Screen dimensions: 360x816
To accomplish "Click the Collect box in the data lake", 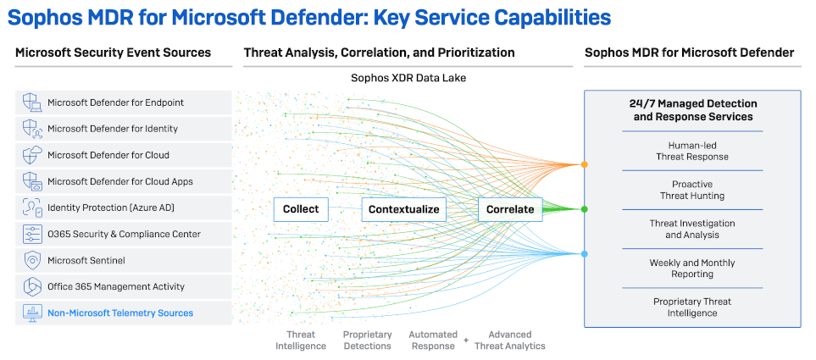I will click(300, 209).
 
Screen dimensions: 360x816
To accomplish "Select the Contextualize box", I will click(403, 209).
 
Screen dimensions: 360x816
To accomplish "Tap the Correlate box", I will click(510, 209).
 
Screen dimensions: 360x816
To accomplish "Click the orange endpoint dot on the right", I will click(584, 164).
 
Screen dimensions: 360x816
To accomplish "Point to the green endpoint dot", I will click(584, 209).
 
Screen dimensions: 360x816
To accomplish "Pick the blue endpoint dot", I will click(584, 253).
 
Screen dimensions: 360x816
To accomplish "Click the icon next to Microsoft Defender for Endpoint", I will click(32, 102).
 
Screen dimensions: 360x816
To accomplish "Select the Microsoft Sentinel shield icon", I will click(32, 261).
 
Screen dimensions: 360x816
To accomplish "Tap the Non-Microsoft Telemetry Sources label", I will click(120, 313).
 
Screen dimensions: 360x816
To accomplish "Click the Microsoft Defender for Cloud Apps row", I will click(123, 181).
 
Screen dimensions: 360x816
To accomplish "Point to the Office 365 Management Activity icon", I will click(32, 287).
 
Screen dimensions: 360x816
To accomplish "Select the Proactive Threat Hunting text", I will click(692, 190).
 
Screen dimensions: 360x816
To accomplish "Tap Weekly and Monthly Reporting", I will click(692, 269).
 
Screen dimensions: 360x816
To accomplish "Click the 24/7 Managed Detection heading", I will click(692, 110).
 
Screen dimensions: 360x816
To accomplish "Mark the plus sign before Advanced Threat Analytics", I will click(465, 340).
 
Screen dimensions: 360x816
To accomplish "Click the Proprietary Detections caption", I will click(367, 340).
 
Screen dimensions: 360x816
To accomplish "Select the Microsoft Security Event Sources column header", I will click(113, 53).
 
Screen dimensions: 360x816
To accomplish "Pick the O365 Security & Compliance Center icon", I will click(32, 235).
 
